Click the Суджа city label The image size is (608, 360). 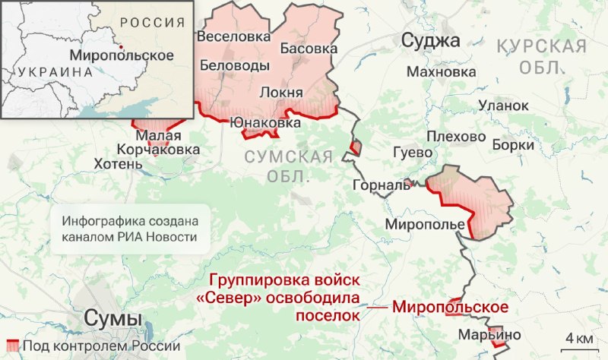pyautogui.click(x=430, y=40)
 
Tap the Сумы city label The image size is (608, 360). pyautogui.click(x=112, y=318)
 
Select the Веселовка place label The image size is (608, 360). pyautogui.click(x=233, y=36)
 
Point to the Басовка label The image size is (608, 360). pyautogui.click(x=309, y=49)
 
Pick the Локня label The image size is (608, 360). pyautogui.click(x=281, y=93)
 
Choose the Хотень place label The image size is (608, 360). pyautogui.click(x=117, y=163)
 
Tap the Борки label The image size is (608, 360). pyautogui.click(x=508, y=143)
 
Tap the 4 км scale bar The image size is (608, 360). pyautogui.click(x=578, y=339)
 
